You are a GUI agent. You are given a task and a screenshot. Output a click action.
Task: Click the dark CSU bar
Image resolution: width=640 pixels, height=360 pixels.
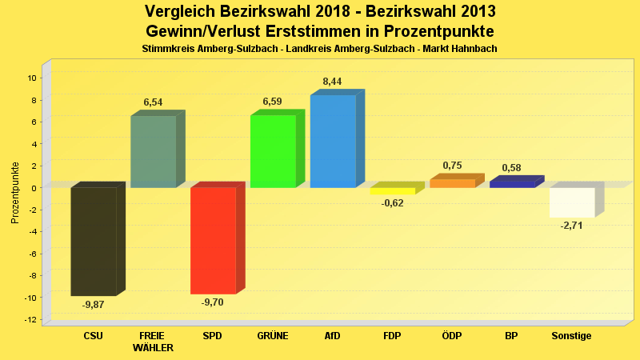[x=94, y=241]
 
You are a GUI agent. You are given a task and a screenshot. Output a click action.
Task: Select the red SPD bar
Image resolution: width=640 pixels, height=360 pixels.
[x=213, y=240]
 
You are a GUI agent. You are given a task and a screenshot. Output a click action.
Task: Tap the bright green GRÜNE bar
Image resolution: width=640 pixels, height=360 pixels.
[x=273, y=151]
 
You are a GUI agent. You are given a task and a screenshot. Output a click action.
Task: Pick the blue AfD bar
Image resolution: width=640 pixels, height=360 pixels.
[x=333, y=142]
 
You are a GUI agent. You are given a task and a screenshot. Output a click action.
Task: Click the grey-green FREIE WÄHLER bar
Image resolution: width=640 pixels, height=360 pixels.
[x=154, y=152]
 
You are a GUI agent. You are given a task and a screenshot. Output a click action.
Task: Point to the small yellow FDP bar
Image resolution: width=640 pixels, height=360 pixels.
[x=392, y=191]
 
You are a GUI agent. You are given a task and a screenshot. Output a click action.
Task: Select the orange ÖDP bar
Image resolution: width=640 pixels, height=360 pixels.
[x=452, y=183]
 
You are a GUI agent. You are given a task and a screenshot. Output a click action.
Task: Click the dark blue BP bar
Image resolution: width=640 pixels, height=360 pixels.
[x=512, y=184]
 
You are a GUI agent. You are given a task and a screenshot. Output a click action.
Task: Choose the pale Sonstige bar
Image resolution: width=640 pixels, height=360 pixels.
[x=572, y=202]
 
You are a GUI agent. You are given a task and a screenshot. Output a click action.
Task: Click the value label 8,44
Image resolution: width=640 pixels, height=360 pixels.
[x=332, y=82]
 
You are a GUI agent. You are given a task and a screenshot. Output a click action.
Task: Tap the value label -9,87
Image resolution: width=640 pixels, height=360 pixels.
[x=94, y=305]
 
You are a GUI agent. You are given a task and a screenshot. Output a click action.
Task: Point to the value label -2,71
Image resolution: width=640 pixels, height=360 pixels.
[x=572, y=226]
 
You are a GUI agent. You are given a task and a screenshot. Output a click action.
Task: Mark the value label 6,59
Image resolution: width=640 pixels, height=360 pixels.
[x=273, y=102]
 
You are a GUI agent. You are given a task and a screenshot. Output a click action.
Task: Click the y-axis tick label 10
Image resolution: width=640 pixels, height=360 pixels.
[x=32, y=78]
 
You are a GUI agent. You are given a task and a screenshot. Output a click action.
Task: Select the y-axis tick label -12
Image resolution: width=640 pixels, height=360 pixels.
[x=30, y=320]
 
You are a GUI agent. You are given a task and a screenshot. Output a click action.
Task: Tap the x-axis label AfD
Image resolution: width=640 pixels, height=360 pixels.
[x=332, y=336]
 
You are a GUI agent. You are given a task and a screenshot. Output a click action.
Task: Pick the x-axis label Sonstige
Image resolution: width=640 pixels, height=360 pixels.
[x=571, y=336]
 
